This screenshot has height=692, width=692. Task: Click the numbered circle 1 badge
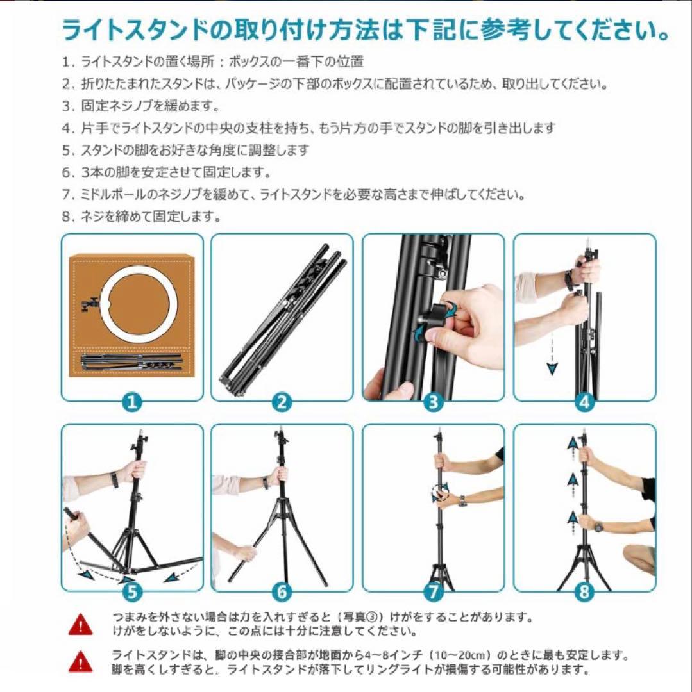tap(132, 402)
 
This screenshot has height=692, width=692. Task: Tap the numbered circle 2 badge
tap(282, 402)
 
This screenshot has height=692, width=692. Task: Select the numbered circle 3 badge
tap(434, 402)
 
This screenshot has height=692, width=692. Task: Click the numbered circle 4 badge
tap(584, 402)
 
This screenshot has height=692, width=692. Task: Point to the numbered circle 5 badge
tap(132, 591)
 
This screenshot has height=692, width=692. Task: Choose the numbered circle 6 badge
tap(282, 591)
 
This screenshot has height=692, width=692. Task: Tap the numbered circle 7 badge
tap(434, 591)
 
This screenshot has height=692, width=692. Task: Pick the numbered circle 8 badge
tap(584, 591)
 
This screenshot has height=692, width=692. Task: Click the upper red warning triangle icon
tap(81, 622)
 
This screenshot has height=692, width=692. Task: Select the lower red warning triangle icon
tap(81, 661)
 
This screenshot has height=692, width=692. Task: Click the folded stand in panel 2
tap(282, 320)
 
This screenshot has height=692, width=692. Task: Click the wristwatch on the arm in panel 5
tap(114, 479)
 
